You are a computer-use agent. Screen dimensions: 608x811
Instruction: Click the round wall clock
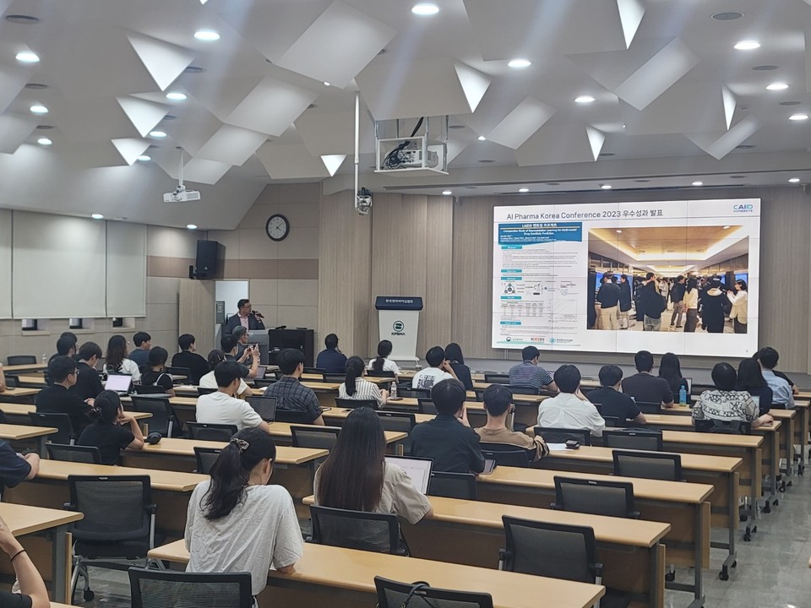coord(277,227)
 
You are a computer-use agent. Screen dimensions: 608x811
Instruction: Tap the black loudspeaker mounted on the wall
coord(206,258)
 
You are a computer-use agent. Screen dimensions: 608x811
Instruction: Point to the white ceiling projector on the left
coord(182,195)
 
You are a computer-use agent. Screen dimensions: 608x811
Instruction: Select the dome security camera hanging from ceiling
coord(364,201)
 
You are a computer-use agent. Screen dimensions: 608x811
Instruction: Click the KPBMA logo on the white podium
coord(399,325)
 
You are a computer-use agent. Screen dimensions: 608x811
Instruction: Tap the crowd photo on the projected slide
coord(667,279)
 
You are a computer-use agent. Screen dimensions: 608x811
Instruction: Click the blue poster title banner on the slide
coord(540,231)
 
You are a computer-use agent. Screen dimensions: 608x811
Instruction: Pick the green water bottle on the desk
coord(683,394)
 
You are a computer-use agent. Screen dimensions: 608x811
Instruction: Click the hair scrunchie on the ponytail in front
coord(241,444)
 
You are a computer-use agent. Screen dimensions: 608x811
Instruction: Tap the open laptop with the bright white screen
coord(118,383)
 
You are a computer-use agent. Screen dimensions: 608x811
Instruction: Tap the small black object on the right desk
coord(572,442)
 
